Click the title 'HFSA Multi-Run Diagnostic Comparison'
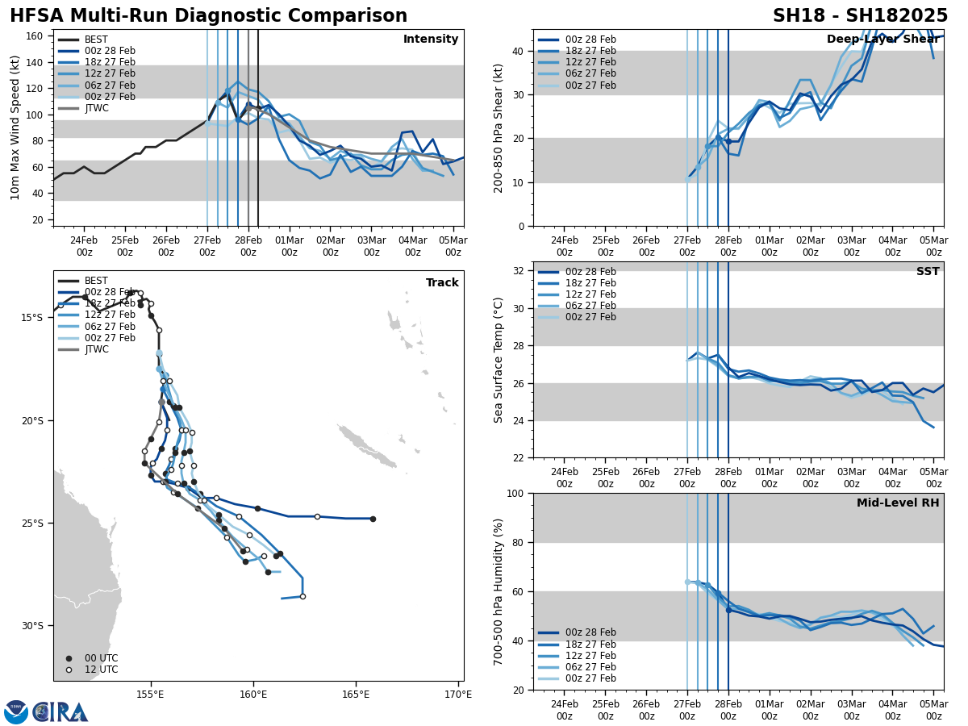coord(208,16)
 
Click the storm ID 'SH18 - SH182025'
coord(860,16)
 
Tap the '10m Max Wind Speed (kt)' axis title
coord(15,127)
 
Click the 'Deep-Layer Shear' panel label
coord(882,40)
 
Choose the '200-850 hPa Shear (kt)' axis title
coord(499,127)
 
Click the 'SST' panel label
coord(928,272)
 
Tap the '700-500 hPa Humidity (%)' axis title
coord(499,591)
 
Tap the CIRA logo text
coord(60,712)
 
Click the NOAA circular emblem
coord(16,712)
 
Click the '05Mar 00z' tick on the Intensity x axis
coord(453,246)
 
